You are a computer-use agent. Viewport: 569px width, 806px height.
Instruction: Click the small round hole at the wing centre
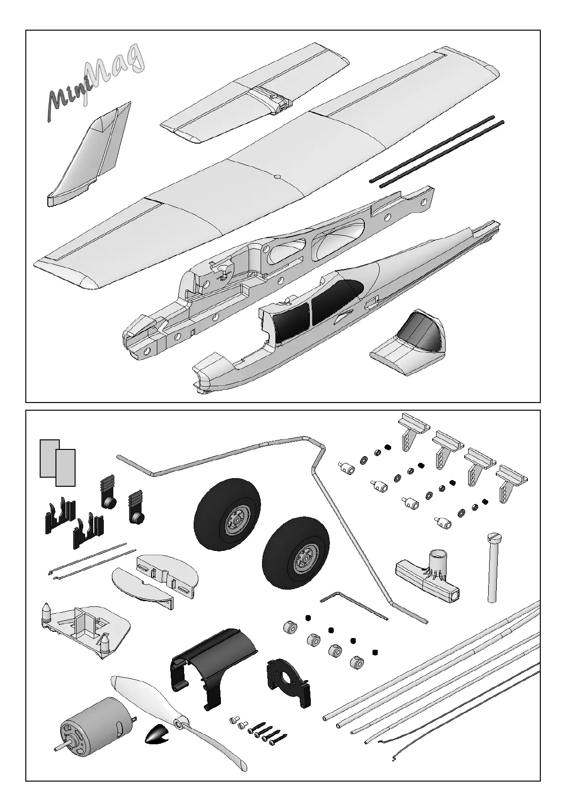(277, 177)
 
